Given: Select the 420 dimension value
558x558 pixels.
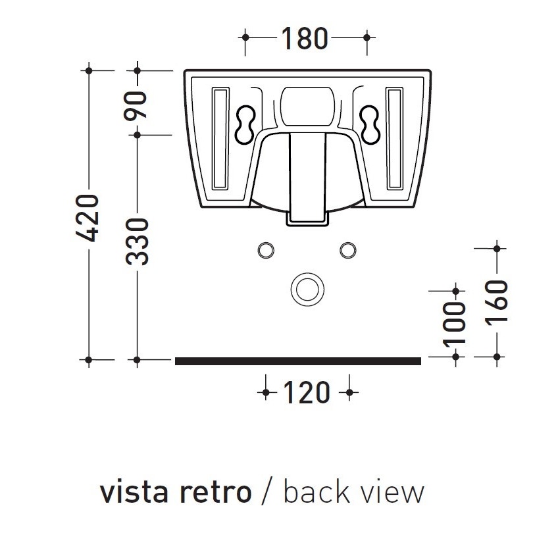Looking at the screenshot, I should (87, 217).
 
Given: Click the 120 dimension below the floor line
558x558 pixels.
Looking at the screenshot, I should (307, 393).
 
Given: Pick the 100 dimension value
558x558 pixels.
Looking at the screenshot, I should (455, 323).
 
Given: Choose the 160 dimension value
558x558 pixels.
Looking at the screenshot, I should (497, 301).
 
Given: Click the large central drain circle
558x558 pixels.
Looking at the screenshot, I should (305, 288).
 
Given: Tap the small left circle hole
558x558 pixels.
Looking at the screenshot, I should (266, 250).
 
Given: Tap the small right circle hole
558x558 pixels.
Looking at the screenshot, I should (347, 250).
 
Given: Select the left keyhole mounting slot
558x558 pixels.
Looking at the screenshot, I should (243, 122).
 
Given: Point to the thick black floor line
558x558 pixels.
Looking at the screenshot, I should (297, 361).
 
